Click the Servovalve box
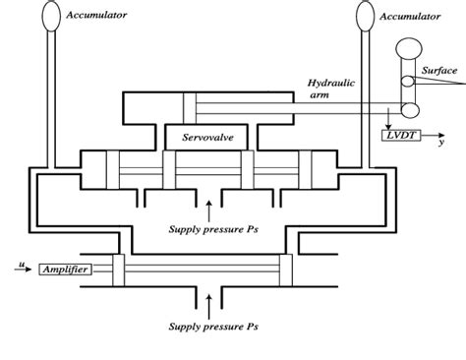203,138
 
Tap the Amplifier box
65,268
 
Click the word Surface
440,70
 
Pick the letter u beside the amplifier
21,263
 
